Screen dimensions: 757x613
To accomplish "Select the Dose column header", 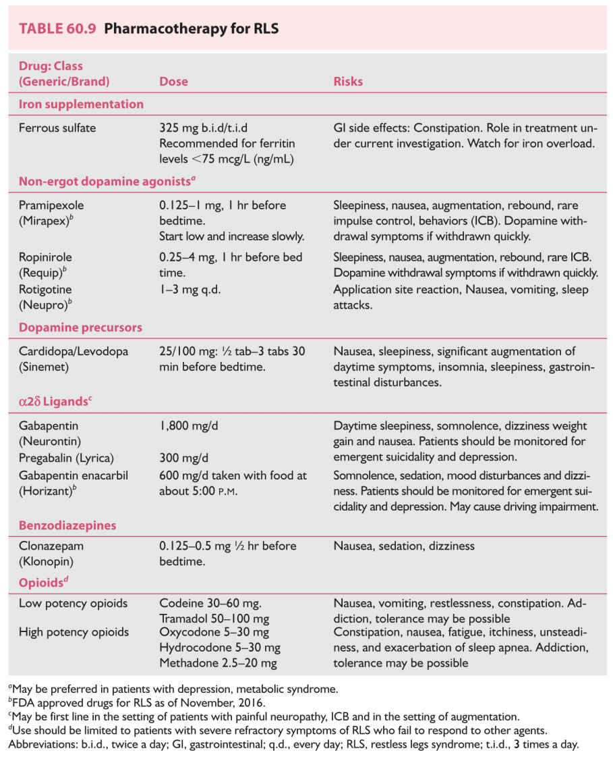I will [173, 82].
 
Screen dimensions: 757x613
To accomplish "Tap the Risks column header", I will [348, 82].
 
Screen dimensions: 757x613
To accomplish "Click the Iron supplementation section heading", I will [81, 105].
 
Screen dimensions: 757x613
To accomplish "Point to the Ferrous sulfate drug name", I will [57, 128].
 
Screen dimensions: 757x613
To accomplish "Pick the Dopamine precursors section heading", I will [80, 328].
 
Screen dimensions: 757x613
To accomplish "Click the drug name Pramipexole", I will [51, 205].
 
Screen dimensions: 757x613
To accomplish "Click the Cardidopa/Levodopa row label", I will [74, 351].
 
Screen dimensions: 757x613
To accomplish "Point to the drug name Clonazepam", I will [51, 546].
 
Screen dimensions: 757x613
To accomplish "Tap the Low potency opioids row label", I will [72, 603].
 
